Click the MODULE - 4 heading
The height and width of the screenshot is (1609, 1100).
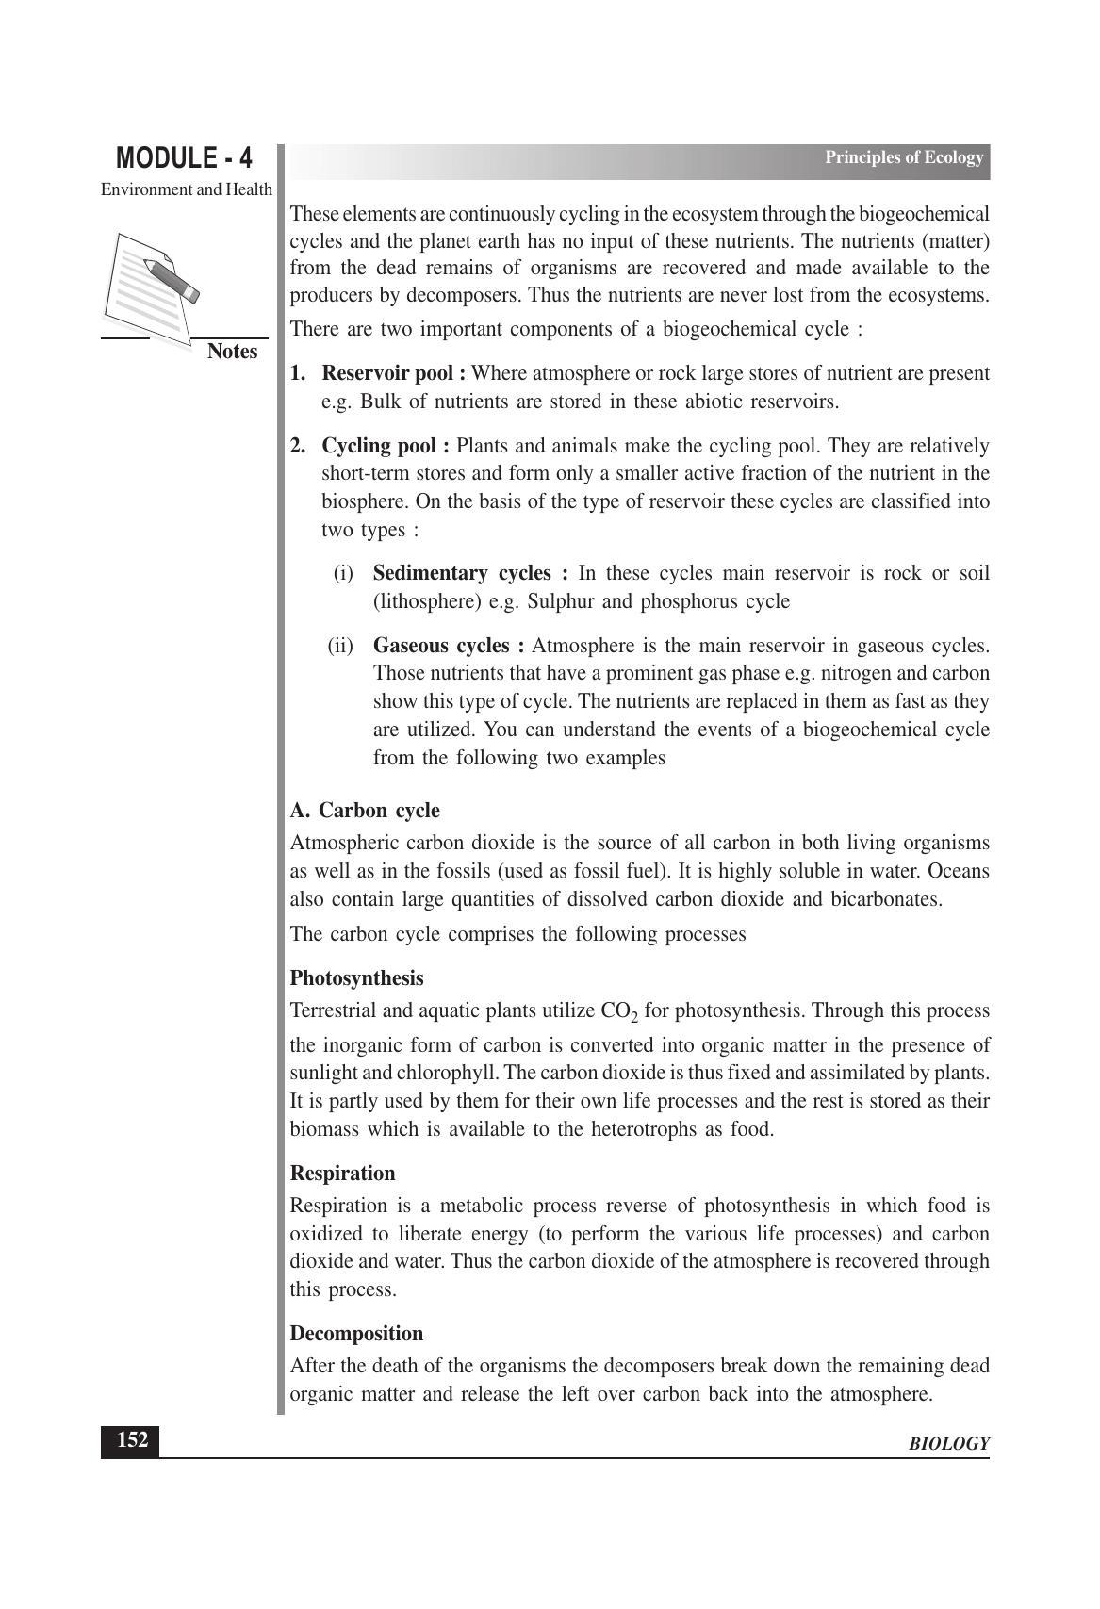(x=184, y=157)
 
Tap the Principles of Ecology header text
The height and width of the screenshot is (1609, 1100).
(x=903, y=157)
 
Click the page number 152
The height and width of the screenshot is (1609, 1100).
(x=131, y=1440)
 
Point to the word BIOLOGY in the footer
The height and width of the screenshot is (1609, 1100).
(x=948, y=1444)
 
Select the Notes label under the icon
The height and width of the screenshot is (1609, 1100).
(x=232, y=352)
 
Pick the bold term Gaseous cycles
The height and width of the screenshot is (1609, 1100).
(x=449, y=646)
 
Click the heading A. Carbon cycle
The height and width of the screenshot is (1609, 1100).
(x=365, y=811)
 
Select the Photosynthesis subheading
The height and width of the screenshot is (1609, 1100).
(x=356, y=977)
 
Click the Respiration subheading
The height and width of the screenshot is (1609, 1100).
(x=342, y=1174)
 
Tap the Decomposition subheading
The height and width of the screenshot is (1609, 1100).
(x=356, y=1334)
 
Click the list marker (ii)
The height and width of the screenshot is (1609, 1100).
(x=340, y=646)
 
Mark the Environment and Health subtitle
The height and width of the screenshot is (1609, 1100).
(x=187, y=189)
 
